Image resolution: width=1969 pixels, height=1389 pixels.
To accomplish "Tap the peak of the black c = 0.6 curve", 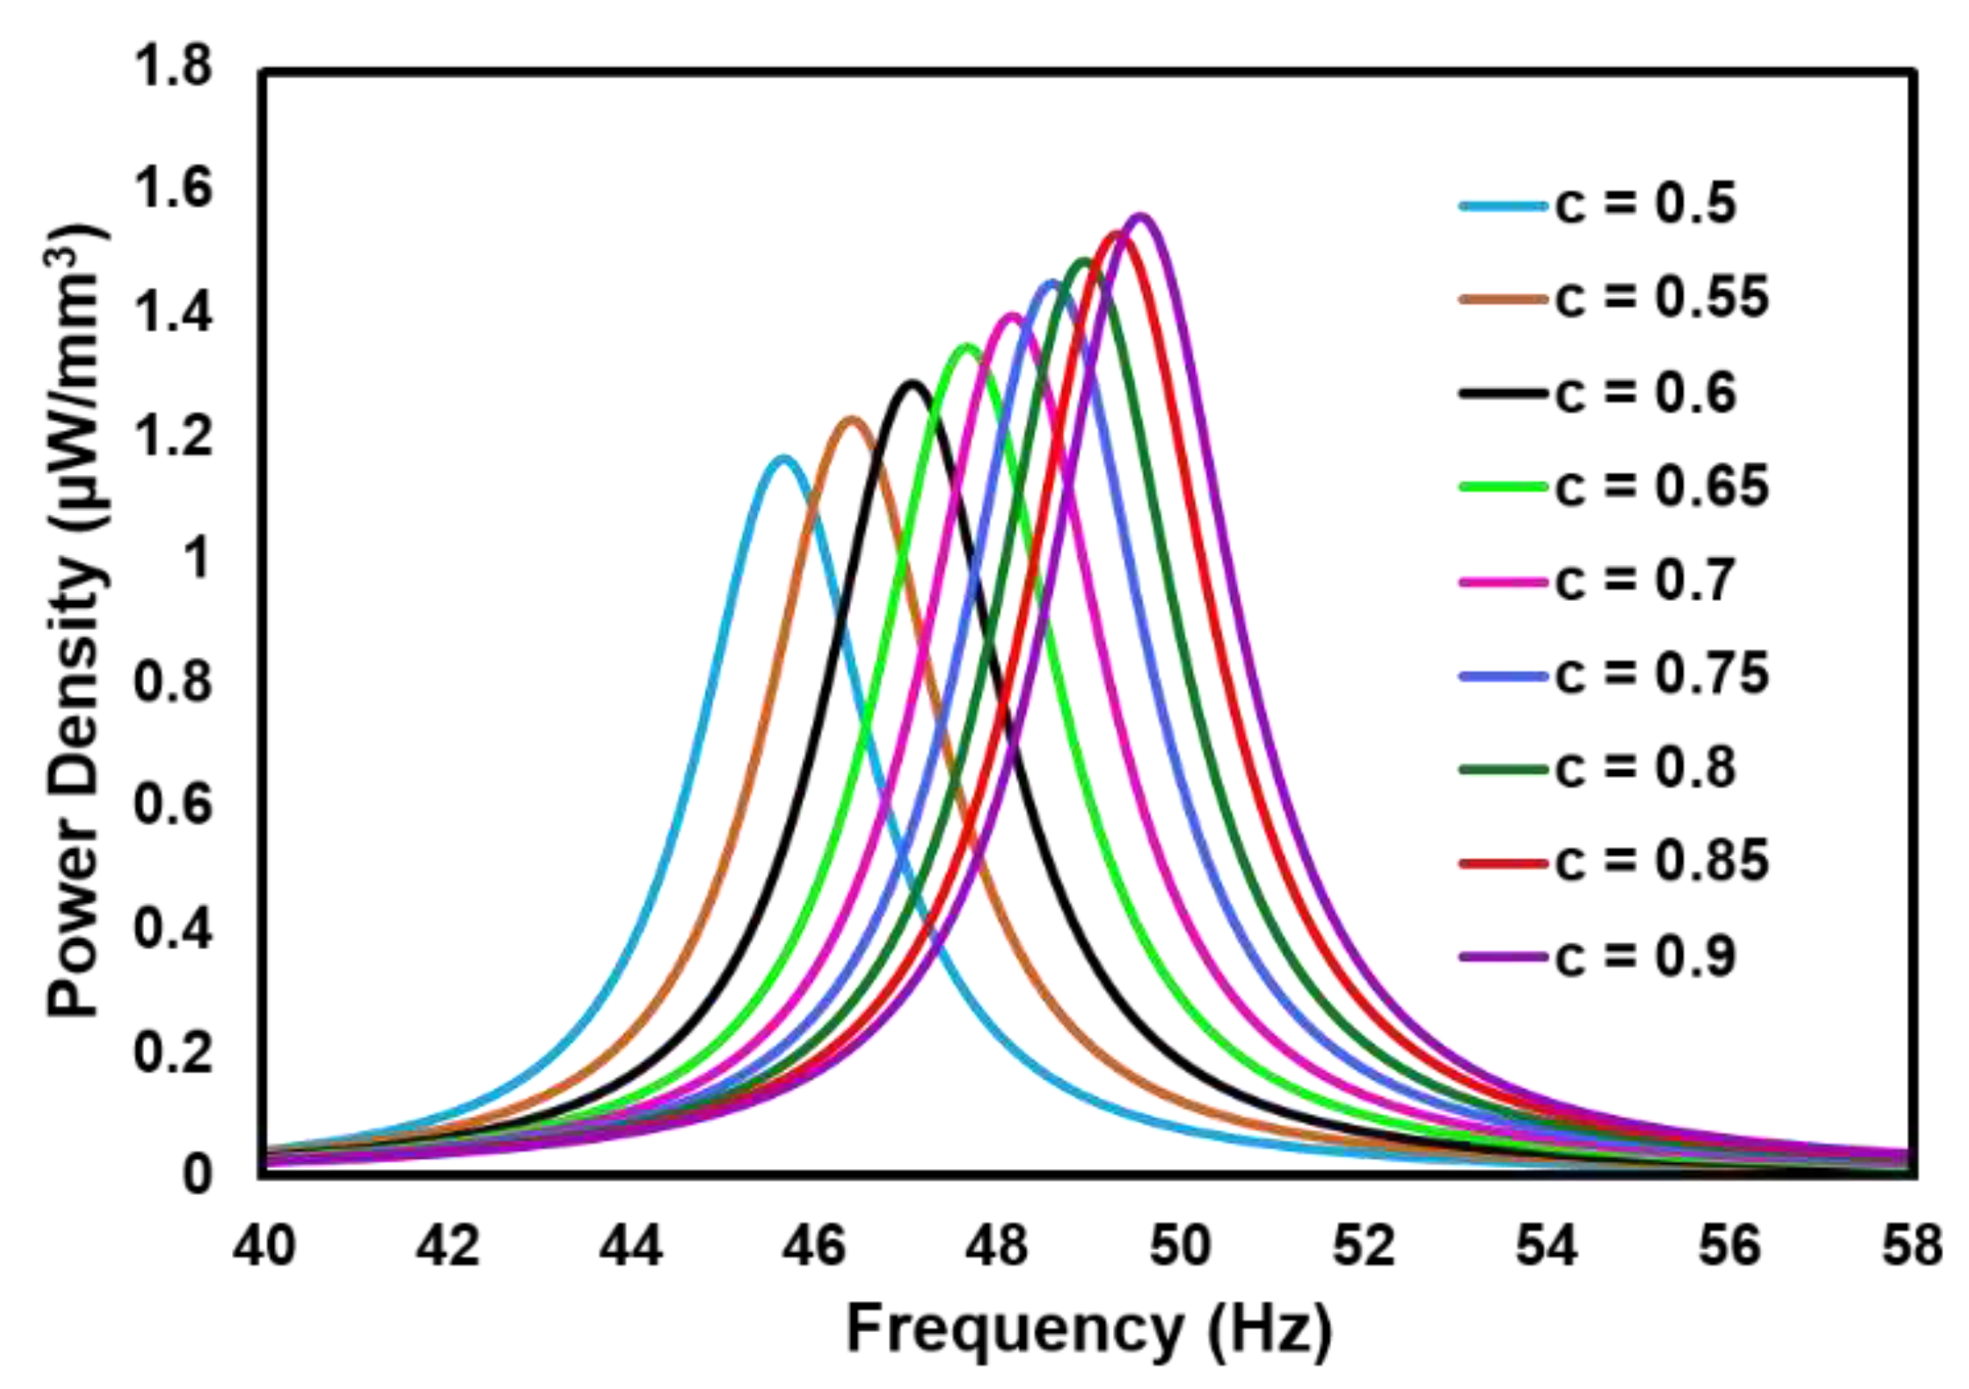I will (911, 384).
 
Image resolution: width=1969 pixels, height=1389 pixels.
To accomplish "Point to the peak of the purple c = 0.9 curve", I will (1140, 216).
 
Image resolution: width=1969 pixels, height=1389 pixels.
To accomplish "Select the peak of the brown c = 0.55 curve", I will (852, 421).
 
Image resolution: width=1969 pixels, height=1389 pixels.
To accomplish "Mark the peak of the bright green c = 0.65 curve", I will (966, 347).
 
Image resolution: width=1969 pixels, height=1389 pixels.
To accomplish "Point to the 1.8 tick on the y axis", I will (172, 68).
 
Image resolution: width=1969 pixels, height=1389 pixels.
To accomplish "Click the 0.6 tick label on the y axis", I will (172, 804).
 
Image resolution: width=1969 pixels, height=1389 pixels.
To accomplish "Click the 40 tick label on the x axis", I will (264, 1247).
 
